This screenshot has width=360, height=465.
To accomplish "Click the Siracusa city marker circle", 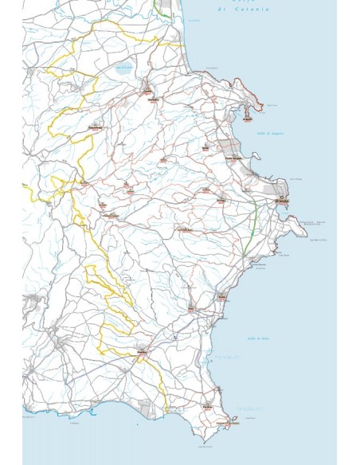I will point(282,196).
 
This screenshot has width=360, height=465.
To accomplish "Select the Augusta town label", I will point(249,120).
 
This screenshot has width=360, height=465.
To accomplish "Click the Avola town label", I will point(222,297).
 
